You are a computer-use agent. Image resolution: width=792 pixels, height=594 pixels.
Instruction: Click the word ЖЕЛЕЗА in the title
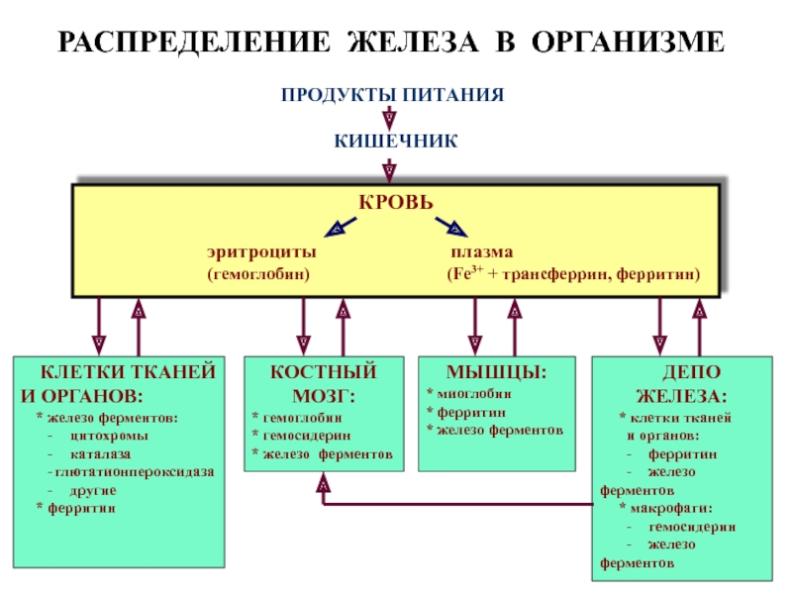coord(413,42)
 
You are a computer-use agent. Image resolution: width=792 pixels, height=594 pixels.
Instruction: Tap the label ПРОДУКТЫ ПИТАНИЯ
coord(392,94)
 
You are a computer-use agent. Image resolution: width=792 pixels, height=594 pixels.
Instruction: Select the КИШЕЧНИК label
coord(396,141)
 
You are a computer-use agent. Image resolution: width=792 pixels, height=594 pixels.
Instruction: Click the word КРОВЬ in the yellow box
coord(396,202)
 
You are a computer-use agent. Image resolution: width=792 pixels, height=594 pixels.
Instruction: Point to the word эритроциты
coord(261,252)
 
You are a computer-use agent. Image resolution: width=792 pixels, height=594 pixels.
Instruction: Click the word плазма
coord(482,251)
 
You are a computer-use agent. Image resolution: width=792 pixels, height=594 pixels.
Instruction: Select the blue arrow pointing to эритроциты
coord(341,228)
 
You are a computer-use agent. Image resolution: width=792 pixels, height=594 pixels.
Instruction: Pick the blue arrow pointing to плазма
coord(451,228)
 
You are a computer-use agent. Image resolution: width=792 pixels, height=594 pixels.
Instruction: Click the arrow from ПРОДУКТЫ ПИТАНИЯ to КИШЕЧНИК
coord(389,118)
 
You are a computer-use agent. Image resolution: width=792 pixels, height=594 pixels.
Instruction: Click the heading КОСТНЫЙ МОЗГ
coord(324,384)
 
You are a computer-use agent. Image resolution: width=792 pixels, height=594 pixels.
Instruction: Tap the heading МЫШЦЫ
coord(497,372)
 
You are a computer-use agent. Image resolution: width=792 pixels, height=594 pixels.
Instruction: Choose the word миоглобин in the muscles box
coord(474,394)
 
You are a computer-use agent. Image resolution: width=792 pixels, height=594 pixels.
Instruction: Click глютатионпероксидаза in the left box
coord(135,472)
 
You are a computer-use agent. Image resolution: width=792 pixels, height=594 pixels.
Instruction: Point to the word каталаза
coord(101,454)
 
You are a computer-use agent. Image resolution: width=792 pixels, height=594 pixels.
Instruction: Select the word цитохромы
coord(109,436)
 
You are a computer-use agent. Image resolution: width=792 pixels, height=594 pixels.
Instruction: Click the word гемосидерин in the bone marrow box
coord(307,436)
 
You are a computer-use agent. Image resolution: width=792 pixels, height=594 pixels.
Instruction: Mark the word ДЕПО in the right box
coord(691,372)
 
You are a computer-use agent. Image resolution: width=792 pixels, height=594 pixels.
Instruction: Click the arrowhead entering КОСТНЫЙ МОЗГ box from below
coord(324,482)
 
